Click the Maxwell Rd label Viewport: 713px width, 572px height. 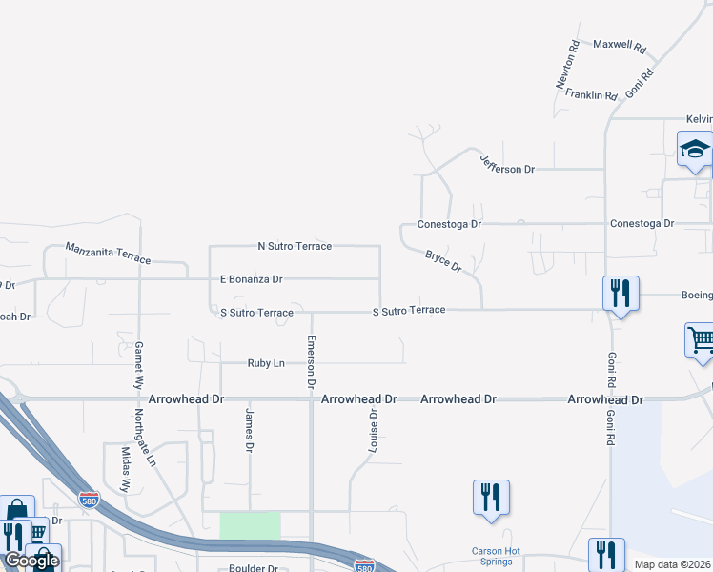[x=619, y=46]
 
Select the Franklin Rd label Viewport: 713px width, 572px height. [x=592, y=95]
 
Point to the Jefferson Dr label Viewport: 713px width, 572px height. [x=507, y=164]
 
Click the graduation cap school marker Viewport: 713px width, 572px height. [x=695, y=151]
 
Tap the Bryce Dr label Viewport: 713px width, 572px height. [x=443, y=261]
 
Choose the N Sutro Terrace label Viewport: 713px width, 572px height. [x=295, y=246]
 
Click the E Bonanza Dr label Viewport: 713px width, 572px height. [x=252, y=279]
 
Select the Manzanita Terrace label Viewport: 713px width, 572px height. [x=108, y=254]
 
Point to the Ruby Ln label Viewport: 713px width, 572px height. [x=266, y=363]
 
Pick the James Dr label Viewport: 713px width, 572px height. [x=250, y=430]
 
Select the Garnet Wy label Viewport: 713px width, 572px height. [x=139, y=362]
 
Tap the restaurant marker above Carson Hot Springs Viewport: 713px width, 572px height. [x=491, y=498]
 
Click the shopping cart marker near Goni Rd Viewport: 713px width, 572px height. [x=701, y=340]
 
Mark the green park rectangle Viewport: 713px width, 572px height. [x=251, y=525]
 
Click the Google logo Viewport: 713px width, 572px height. [x=31, y=562]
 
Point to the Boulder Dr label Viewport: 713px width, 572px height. [x=253, y=568]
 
